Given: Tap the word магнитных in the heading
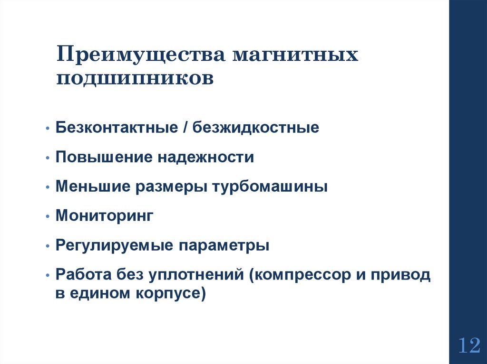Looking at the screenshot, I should [295, 55].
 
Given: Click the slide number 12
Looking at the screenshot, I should [468, 345].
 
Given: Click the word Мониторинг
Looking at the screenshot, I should [105, 216].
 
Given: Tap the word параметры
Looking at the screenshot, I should [224, 246].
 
